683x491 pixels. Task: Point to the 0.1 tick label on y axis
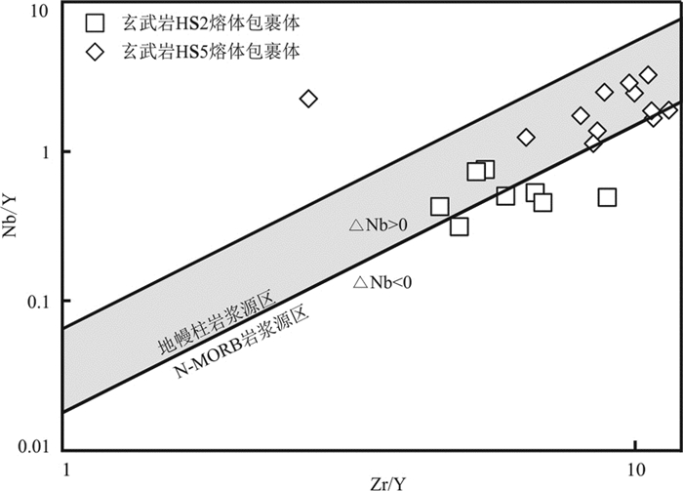tap(36, 302)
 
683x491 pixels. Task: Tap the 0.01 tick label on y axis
tap(32, 449)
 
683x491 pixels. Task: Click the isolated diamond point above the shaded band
tap(308, 99)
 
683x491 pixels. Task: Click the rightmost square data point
tap(607, 197)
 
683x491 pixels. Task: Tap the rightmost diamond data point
tap(669, 110)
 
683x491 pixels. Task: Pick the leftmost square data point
tap(439, 207)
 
